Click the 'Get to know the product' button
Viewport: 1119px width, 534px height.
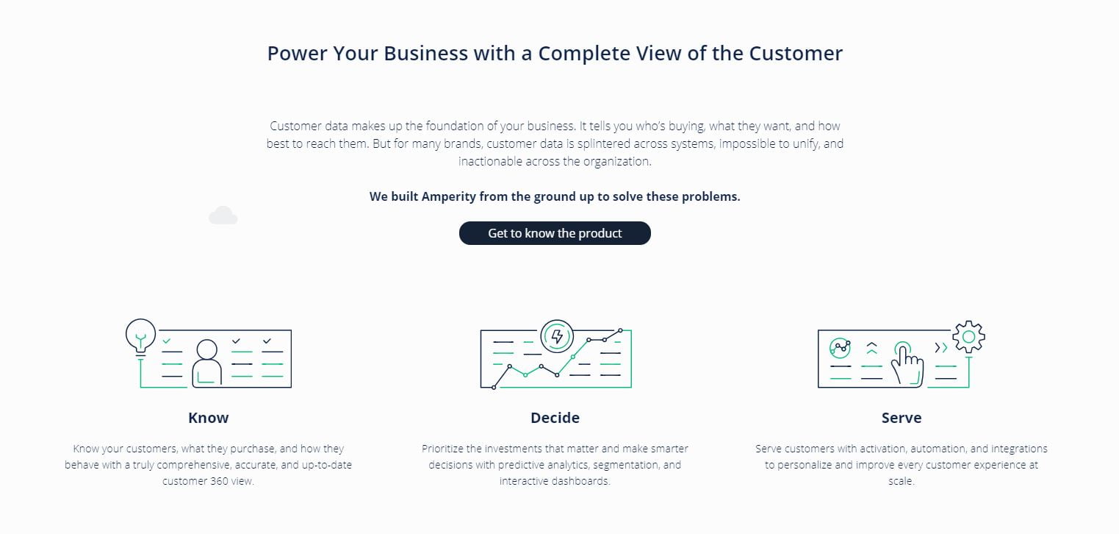[555, 233]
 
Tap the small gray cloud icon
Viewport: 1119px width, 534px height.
[223, 216]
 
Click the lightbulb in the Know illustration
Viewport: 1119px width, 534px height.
[140, 336]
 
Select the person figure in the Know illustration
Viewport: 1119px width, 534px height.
[206, 363]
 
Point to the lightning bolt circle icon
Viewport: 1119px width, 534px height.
[557, 336]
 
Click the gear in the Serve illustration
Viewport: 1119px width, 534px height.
[968, 337]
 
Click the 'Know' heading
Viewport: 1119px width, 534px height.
[209, 418]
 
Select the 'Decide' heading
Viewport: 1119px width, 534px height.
[555, 418]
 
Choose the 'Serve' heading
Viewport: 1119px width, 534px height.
[902, 418]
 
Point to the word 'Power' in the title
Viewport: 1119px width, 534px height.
[297, 54]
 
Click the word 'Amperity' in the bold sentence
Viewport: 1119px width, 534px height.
[449, 196]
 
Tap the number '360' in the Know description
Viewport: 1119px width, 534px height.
[219, 481]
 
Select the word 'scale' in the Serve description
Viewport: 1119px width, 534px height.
[901, 481]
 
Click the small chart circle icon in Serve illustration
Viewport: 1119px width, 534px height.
[840, 348]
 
